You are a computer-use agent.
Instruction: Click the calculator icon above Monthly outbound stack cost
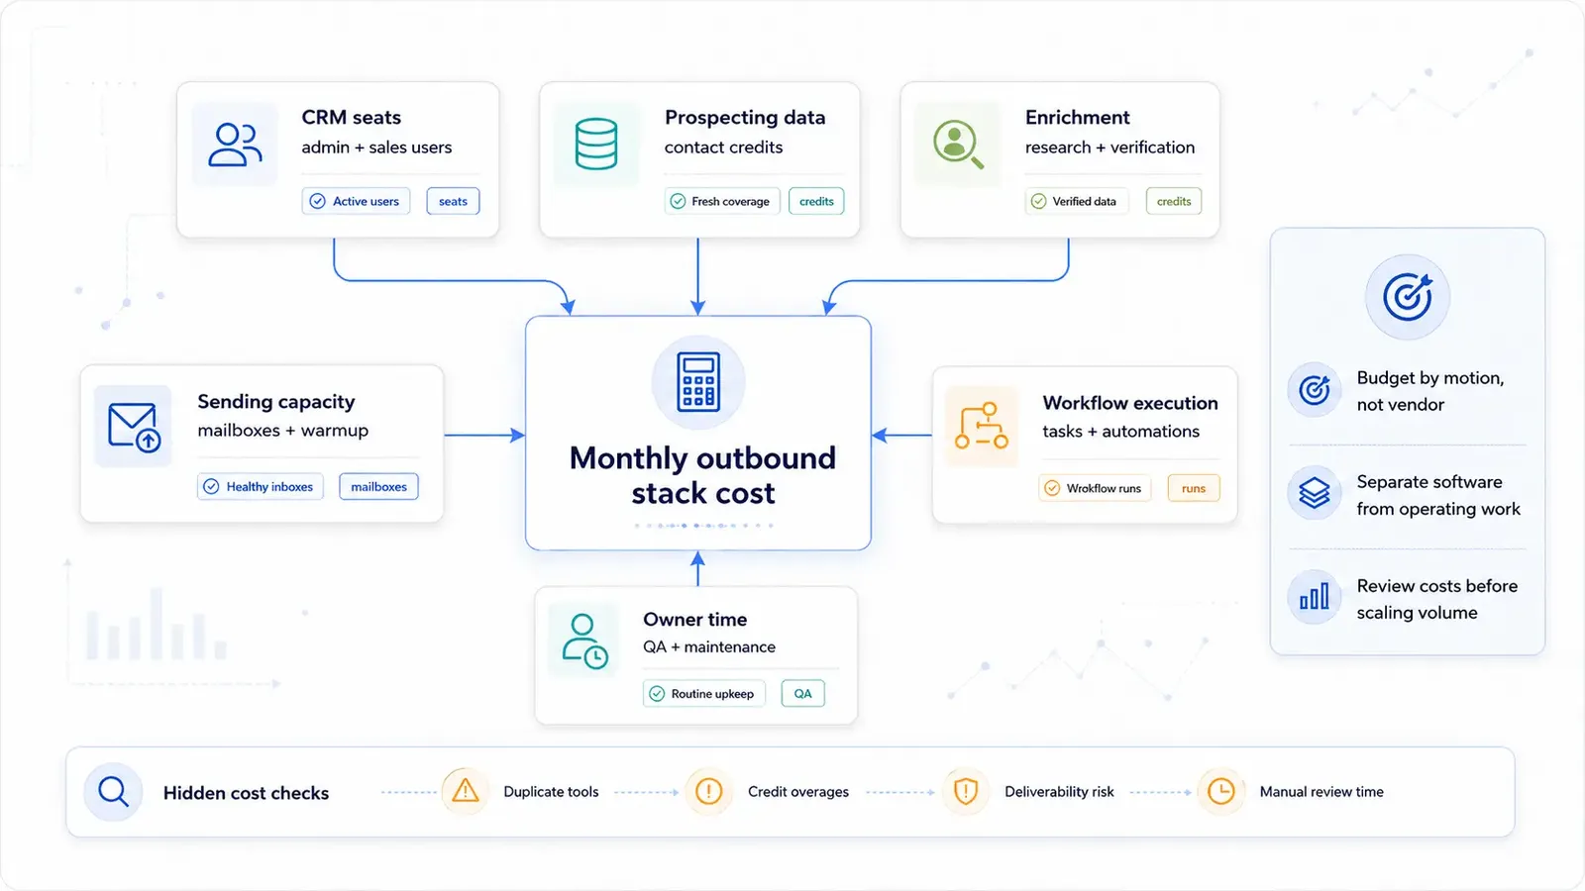point(697,382)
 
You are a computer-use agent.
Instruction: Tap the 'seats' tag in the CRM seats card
point(453,202)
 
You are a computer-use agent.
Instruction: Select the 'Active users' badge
point(356,202)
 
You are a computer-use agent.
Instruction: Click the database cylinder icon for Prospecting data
point(595,145)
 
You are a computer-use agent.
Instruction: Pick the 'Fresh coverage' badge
point(722,202)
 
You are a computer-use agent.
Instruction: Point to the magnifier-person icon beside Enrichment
point(958,145)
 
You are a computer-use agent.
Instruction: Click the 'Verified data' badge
point(1076,202)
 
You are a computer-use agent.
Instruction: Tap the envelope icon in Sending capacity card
point(134,427)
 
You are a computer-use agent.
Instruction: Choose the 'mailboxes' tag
point(378,486)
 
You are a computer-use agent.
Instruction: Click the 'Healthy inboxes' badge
point(261,486)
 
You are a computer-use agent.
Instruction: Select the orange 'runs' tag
point(1193,488)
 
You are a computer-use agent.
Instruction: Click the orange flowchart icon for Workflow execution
point(982,426)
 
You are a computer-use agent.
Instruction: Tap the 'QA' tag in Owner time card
point(802,694)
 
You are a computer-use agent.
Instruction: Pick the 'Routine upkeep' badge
point(704,694)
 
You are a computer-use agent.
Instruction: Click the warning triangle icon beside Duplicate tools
point(465,791)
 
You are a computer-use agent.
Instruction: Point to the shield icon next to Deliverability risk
point(965,791)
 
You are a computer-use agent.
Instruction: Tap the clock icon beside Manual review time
point(1220,791)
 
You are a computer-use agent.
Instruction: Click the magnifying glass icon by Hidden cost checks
point(113,791)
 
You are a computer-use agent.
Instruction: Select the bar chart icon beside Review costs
point(1314,597)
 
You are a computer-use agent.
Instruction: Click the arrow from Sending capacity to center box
point(484,435)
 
